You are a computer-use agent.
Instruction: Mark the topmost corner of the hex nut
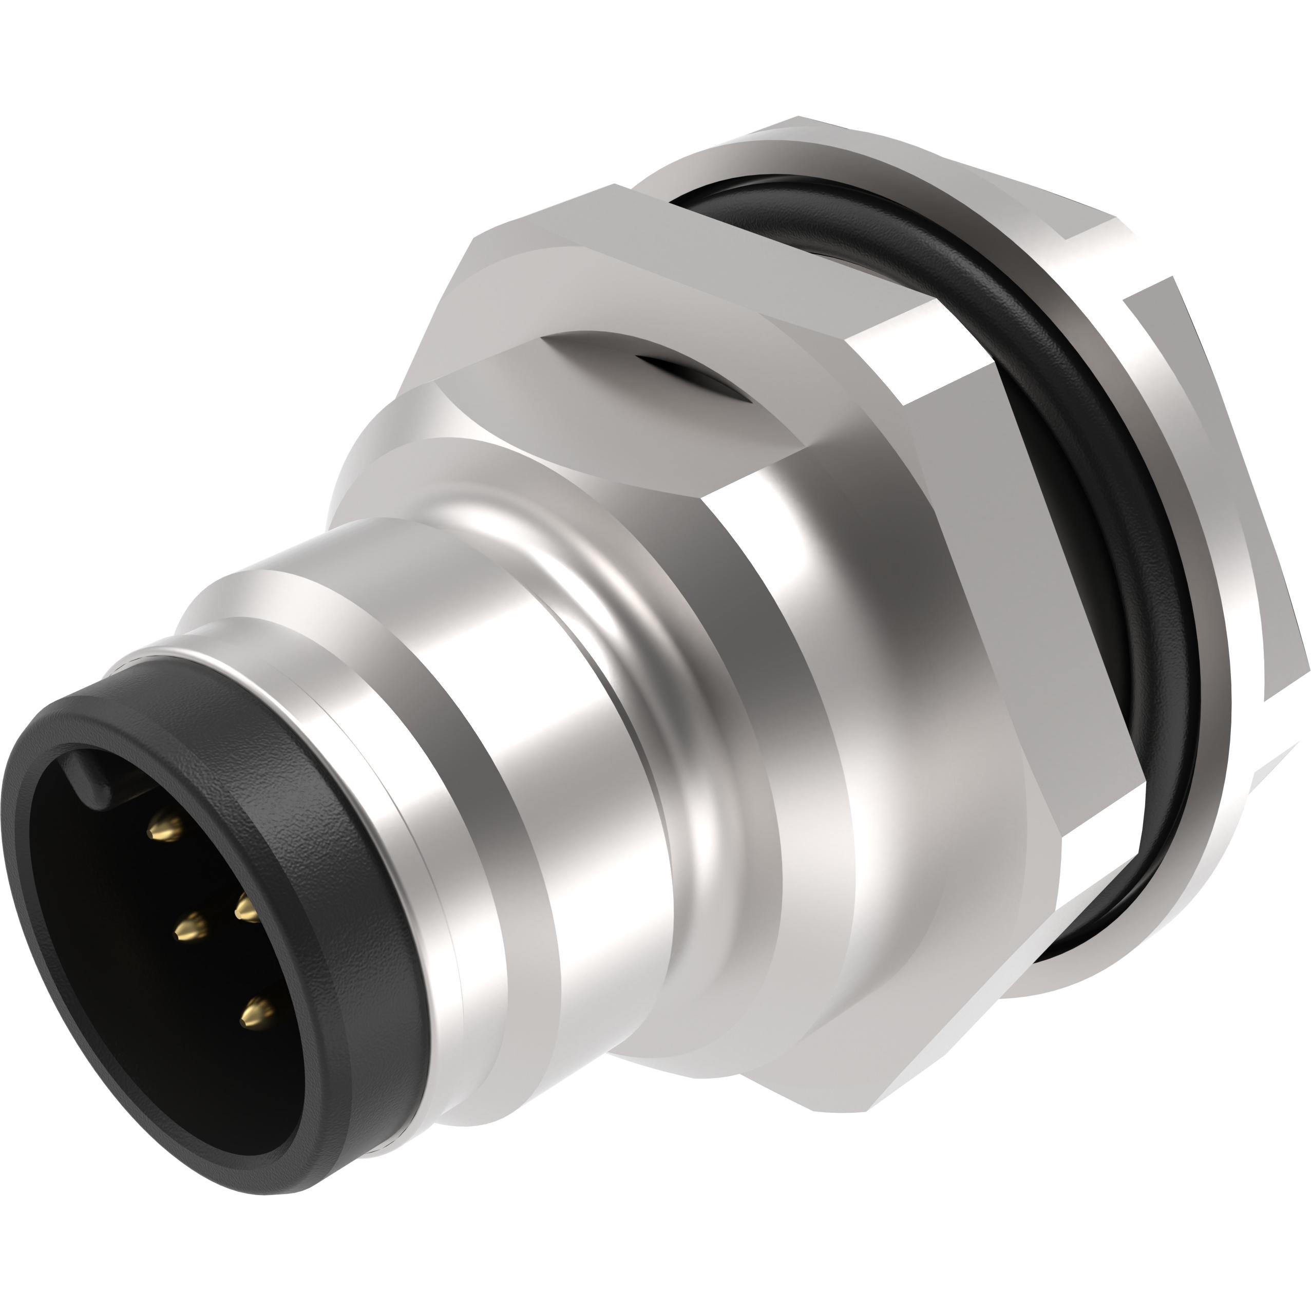click(x=614, y=186)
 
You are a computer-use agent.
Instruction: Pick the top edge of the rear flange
click(x=882, y=136)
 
